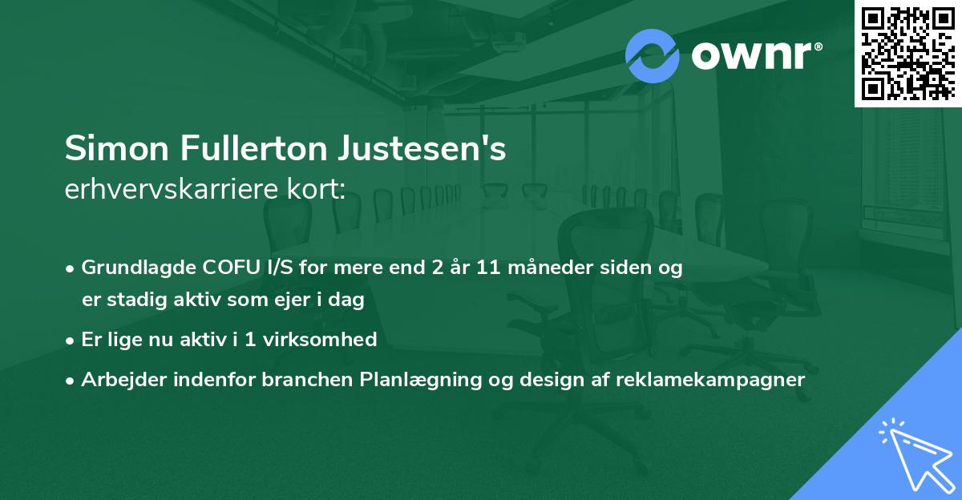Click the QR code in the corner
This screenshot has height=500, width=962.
[x=907, y=53]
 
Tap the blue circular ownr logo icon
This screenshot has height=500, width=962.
[x=652, y=56]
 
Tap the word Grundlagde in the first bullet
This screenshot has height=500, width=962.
[x=132, y=268]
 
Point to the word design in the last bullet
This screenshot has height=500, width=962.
[x=553, y=380]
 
